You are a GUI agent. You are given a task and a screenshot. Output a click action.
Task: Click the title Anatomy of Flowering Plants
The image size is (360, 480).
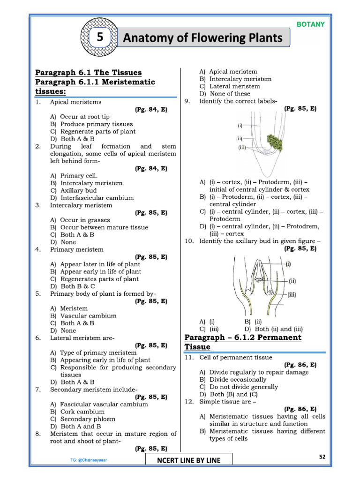click(202, 38)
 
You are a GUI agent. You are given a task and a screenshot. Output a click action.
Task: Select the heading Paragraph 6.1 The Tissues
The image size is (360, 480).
click(89, 72)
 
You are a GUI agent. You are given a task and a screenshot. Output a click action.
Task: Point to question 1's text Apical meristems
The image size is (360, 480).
click(75, 102)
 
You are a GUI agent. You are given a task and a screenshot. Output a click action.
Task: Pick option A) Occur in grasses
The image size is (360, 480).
click(80, 220)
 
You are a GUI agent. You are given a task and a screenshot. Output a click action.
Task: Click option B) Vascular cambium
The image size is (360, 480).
click(83, 315)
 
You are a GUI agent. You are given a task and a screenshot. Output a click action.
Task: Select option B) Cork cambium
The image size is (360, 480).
click(77, 412)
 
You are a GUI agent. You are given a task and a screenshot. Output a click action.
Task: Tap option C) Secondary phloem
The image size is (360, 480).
click(82, 419)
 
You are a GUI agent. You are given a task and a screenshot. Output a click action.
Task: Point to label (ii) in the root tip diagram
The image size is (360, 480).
click(239, 139)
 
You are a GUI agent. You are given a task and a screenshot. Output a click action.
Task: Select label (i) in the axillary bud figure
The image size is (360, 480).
click(288, 264)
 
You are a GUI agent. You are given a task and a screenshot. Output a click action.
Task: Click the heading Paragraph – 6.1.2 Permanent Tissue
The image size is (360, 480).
click(242, 342)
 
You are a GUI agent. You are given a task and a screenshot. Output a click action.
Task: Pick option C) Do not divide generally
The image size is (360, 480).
click(239, 387)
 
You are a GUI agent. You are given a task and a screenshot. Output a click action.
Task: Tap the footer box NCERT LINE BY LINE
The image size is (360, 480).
click(188, 460)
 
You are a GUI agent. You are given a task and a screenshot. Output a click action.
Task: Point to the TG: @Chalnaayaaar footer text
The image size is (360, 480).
click(87, 460)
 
